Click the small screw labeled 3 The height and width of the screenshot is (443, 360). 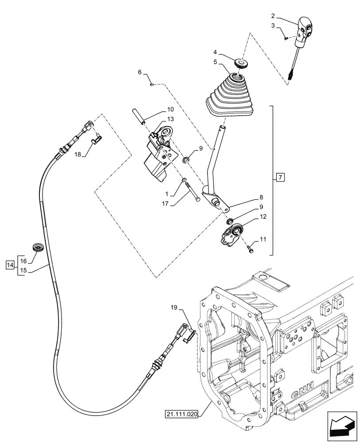[x=286, y=39]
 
